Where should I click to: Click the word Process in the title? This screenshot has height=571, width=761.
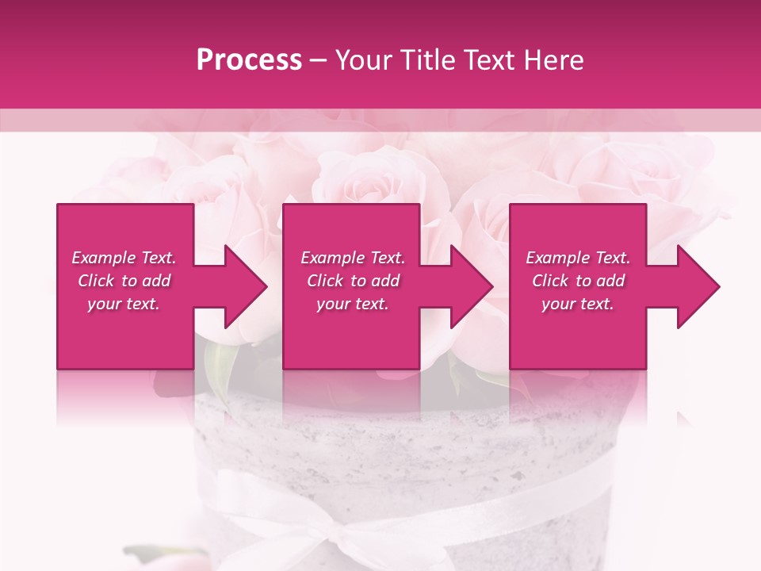tap(249, 60)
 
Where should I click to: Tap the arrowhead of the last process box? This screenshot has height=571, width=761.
tap(697, 286)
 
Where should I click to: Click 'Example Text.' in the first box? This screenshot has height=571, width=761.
tap(124, 258)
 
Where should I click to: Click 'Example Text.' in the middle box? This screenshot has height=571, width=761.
tap(353, 258)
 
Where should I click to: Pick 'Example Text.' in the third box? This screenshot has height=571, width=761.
tap(578, 258)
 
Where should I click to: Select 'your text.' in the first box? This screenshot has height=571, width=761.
tap(124, 304)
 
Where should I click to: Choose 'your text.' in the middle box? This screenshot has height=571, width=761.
tap(353, 304)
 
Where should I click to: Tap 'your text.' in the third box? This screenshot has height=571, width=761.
tap(578, 304)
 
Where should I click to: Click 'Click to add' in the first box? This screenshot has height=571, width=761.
tap(124, 281)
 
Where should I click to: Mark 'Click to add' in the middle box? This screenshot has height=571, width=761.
tap(353, 281)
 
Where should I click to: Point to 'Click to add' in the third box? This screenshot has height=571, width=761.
tap(578, 281)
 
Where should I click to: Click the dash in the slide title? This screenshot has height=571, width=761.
tap(319, 61)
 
